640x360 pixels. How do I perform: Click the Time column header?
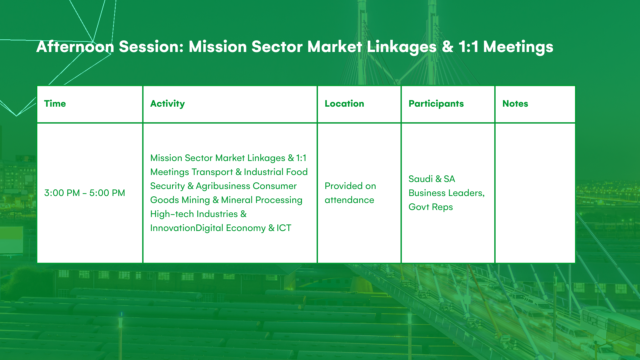point(55,104)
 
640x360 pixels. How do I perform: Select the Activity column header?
point(167,104)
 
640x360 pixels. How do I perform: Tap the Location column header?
point(344,104)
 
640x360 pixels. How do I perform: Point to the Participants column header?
point(436,104)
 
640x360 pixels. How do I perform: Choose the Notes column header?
point(515,104)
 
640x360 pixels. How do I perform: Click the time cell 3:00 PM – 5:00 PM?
point(85,193)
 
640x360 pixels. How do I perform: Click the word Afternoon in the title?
point(75,47)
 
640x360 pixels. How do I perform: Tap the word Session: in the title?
point(151,47)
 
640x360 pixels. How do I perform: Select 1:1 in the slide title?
point(468,47)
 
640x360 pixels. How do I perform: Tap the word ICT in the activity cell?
point(284,228)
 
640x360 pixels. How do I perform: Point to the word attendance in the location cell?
point(349,200)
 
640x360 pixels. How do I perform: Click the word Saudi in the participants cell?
point(421,179)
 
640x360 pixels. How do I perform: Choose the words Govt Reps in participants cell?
point(431,207)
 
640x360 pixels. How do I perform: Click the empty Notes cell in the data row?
point(535,193)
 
